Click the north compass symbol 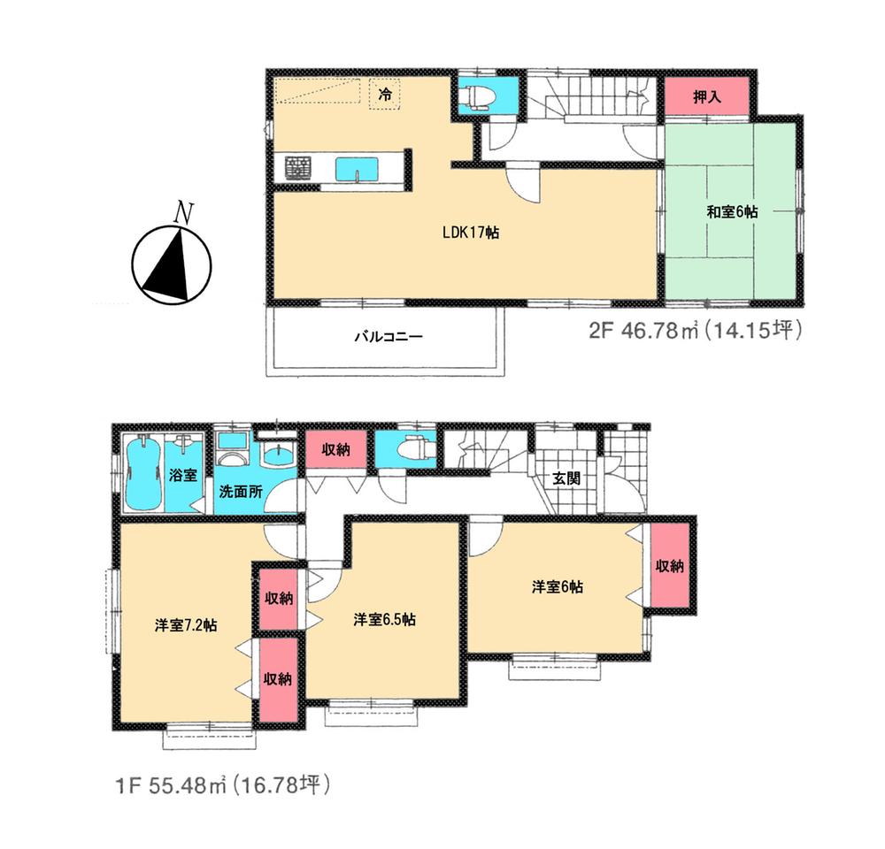point(172,262)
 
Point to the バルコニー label point(389,337)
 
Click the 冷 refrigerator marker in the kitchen point(385,93)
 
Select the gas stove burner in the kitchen point(297,166)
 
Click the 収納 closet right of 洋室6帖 point(670,567)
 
